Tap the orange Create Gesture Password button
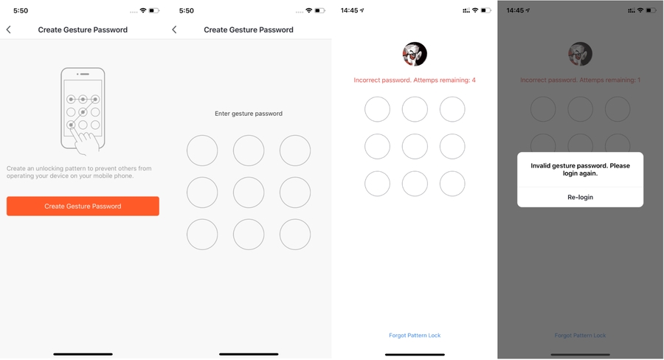coord(83,207)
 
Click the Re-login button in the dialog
coord(580,198)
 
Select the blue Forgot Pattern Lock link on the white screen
coord(415,336)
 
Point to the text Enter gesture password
coord(249,114)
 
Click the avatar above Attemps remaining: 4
coord(415,54)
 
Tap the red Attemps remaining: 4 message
coord(415,80)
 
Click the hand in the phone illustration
coord(86,142)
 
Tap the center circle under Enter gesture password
coord(249,193)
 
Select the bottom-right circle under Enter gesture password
coord(294,234)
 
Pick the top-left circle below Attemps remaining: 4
coord(377,109)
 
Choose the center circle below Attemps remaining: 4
coord(415,147)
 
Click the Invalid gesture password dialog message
coord(580,170)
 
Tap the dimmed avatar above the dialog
coord(580,54)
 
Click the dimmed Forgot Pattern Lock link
coord(580,336)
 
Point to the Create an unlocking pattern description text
coord(79,172)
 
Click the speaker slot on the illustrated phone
coord(84,74)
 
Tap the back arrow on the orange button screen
coord(8,30)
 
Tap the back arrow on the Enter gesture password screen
coord(174,30)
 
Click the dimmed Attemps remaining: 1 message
coord(580,80)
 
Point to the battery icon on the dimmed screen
coord(651,10)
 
